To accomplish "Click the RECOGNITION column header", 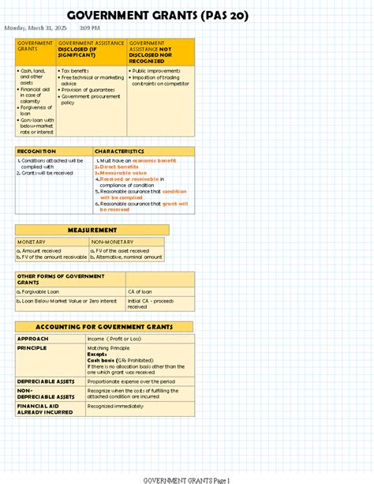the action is (36, 151).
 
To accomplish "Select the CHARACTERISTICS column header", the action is (119, 151).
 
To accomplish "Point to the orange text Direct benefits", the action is (118, 167).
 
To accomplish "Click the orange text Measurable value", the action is (119, 173).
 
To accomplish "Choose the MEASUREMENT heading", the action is (92, 230).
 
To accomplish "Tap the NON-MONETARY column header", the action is (112, 242).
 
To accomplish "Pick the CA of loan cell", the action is (142, 291).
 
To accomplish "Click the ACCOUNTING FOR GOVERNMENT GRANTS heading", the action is (103, 327).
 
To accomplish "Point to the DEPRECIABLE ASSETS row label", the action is (46, 381).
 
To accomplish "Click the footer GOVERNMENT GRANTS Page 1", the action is (185, 479).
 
